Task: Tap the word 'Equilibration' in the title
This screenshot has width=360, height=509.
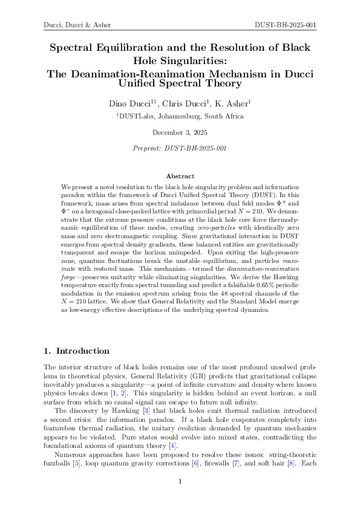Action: click(x=131, y=47)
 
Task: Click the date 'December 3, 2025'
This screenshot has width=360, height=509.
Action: click(x=180, y=132)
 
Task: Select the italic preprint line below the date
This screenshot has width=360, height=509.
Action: click(x=180, y=148)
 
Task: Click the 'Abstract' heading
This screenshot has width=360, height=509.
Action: click(x=180, y=176)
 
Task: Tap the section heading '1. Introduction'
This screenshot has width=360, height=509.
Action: click(x=76, y=351)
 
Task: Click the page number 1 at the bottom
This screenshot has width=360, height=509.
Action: click(x=180, y=481)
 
